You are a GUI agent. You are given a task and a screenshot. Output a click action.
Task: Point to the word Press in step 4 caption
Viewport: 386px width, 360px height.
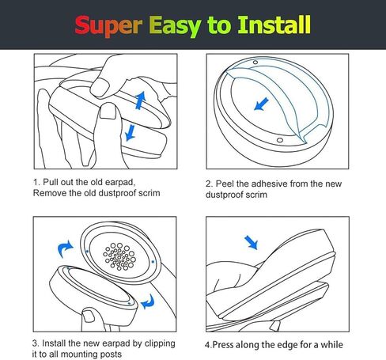226,345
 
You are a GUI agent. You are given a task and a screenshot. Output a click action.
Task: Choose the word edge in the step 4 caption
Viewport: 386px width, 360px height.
287,345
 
